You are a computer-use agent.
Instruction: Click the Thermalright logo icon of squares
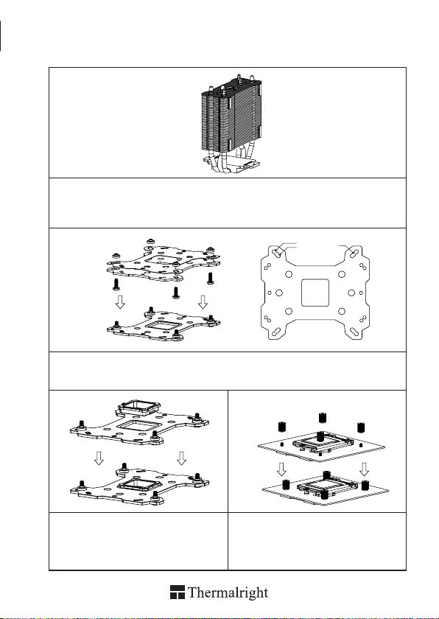tap(178, 592)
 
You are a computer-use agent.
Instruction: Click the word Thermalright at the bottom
tap(228, 593)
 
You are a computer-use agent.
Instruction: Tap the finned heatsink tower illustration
tap(231, 125)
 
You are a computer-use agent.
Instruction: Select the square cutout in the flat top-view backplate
tap(315, 293)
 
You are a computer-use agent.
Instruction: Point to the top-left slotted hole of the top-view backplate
tap(278, 252)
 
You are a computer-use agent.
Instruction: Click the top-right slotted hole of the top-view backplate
tap(353, 252)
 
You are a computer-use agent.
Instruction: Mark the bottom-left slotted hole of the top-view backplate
tap(277, 332)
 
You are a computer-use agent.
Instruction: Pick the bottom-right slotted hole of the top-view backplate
tap(354, 332)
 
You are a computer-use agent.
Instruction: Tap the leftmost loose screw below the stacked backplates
tap(116, 284)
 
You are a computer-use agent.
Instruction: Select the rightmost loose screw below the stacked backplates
tap(210, 278)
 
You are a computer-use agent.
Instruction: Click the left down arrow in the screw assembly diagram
tap(120, 302)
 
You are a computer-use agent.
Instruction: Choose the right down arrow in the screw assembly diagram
tap(203, 302)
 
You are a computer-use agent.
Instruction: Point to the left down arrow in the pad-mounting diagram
tap(99, 458)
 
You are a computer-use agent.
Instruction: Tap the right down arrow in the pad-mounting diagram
tap(181, 458)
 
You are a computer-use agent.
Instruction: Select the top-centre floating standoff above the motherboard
tap(323, 417)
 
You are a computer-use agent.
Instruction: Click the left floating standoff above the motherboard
tap(281, 427)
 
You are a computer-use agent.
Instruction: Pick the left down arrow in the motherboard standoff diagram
tap(281, 469)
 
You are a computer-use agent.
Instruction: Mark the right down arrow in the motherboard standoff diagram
tap(364, 469)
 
